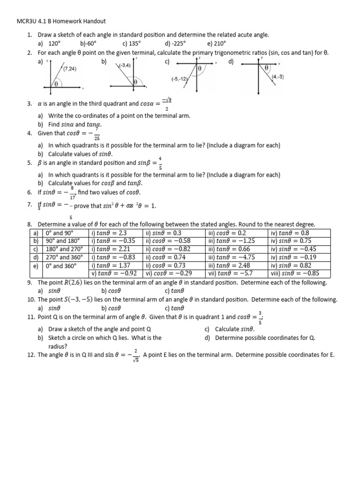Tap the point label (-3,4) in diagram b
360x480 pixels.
pos(125,65)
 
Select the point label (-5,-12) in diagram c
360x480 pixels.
pos(180,79)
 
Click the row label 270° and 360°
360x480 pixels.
pos(63,257)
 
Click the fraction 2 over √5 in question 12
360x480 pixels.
pos(135,355)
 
